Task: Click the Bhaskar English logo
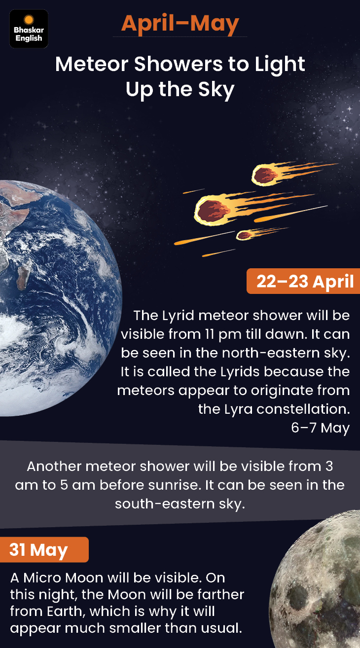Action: click(x=29, y=29)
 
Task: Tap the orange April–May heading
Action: click(x=180, y=24)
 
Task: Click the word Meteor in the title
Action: click(x=92, y=64)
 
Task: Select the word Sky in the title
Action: click(x=216, y=90)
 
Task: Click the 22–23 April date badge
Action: click(x=303, y=281)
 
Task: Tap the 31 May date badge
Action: click(x=44, y=550)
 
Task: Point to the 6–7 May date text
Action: click(x=321, y=428)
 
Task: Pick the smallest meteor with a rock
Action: click(x=244, y=235)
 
